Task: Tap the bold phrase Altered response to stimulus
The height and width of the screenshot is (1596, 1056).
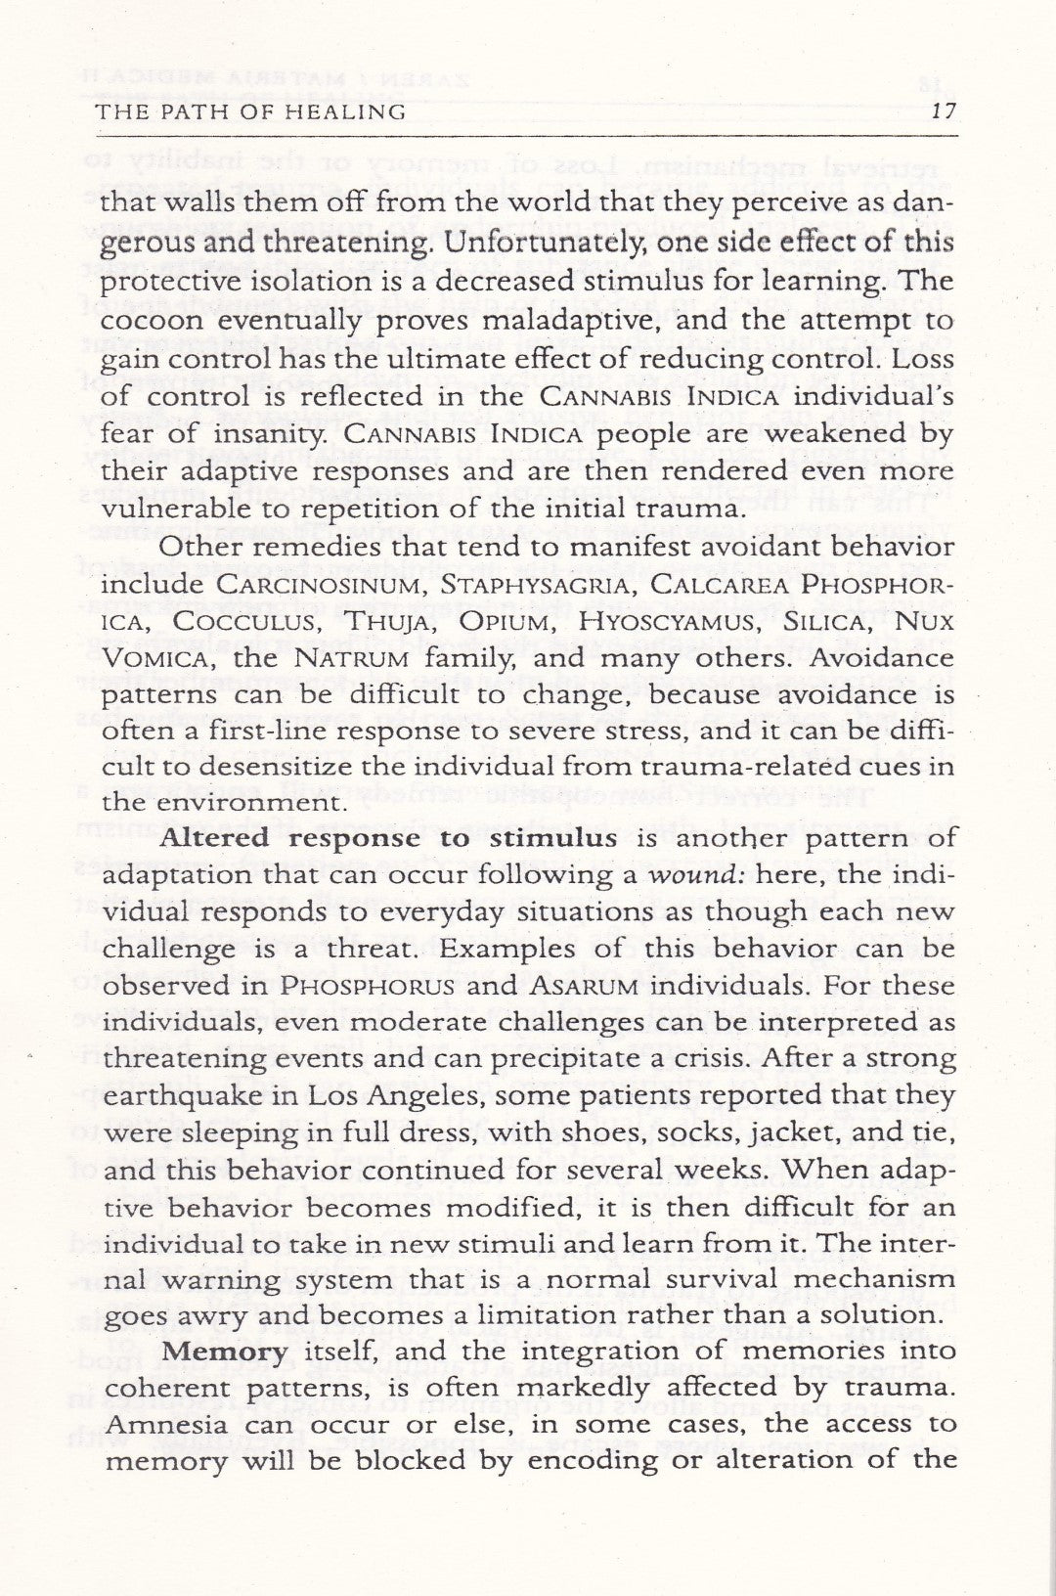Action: pos(388,838)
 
